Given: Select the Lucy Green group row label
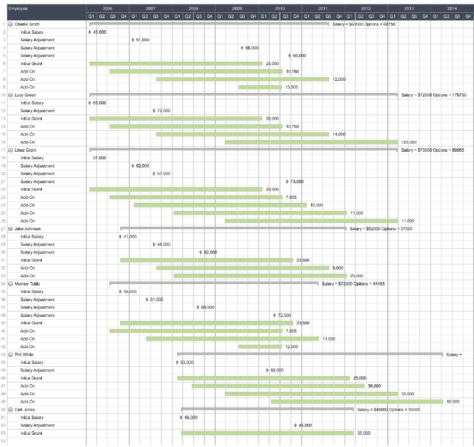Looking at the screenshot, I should pos(25,95).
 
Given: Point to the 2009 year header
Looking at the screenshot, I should pos(236,9).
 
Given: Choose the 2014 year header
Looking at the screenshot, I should pos(452,9).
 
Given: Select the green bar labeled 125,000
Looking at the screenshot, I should pos(311,142).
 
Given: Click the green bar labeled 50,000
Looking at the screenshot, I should pos(357,401).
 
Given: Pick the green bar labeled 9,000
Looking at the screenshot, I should pos(242,267).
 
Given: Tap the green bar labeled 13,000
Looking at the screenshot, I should pos(260,87).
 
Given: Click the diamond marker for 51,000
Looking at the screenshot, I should pos(132,40).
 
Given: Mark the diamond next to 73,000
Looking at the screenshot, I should pos(287,181).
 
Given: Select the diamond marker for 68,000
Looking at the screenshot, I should pos(267,370).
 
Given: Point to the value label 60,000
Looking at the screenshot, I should pos(299,56).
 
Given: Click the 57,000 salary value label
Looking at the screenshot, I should pos(99,158).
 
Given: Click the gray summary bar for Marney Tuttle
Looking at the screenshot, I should pos(214,283).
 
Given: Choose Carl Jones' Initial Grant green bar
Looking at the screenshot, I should pos(267,432).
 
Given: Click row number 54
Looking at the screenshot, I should pos(3,441).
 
